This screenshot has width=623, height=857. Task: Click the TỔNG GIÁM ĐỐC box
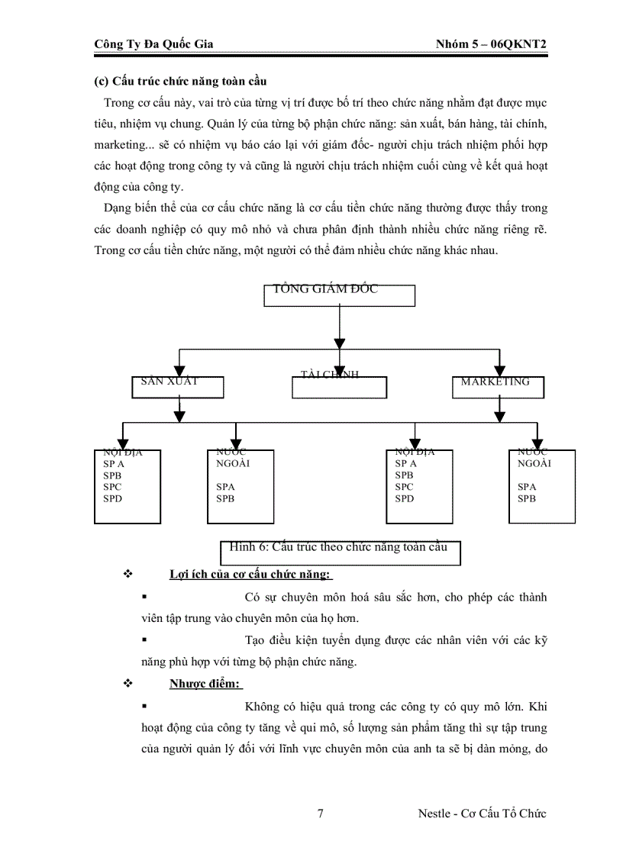339,295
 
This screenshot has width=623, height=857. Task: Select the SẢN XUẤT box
178,387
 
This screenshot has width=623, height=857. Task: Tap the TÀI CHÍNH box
339,387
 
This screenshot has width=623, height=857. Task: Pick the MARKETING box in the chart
499,387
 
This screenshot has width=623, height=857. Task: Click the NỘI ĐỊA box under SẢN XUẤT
127,486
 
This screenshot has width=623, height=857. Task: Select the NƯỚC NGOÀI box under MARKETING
542,486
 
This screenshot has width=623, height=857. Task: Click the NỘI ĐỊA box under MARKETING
419,486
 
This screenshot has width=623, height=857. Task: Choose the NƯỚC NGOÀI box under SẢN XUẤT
240,486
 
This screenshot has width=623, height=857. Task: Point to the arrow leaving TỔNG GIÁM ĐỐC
339,328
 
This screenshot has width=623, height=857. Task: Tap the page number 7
320,814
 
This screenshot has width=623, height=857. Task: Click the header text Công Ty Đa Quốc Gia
153,44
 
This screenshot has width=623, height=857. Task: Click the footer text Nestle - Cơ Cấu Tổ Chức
482,814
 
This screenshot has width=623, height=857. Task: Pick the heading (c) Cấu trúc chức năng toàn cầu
179,81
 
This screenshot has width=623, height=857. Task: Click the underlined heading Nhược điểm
205,684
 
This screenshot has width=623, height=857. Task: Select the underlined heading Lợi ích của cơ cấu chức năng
250,574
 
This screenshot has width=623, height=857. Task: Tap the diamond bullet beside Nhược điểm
128,684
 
